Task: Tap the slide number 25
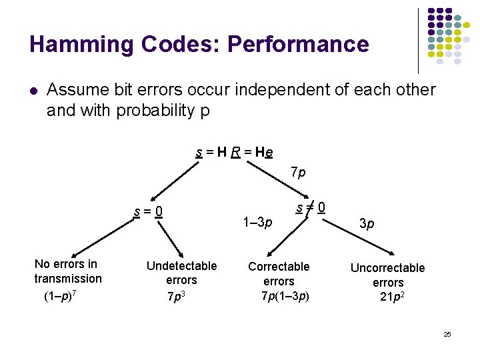(x=447, y=334)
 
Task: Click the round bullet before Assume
(x=33, y=90)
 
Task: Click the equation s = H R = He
(x=234, y=153)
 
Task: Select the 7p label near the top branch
(x=298, y=173)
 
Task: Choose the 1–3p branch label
(x=257, y=222)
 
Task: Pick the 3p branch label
(x=367, y=224)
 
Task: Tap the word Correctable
(x=279, y=267)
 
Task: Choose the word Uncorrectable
(x=387, y=268)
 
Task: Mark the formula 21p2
(x=391, y=297)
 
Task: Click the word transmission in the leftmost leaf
(x=68, y=279)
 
